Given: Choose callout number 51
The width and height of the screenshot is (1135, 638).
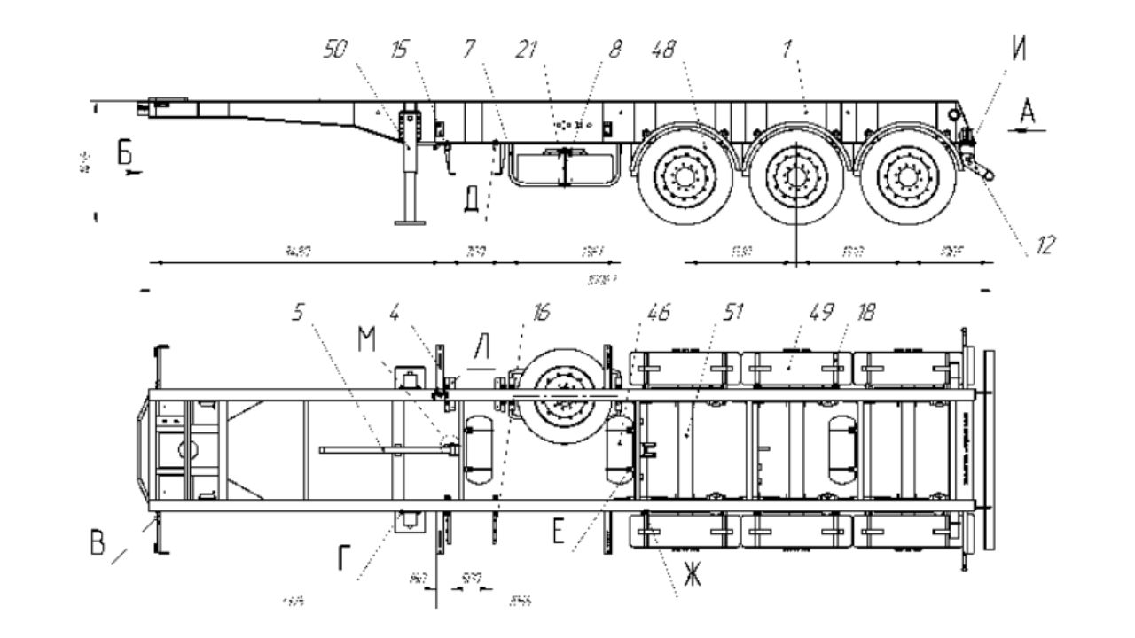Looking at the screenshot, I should [733, 313].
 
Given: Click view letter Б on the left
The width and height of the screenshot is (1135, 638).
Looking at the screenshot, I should [125, 153].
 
